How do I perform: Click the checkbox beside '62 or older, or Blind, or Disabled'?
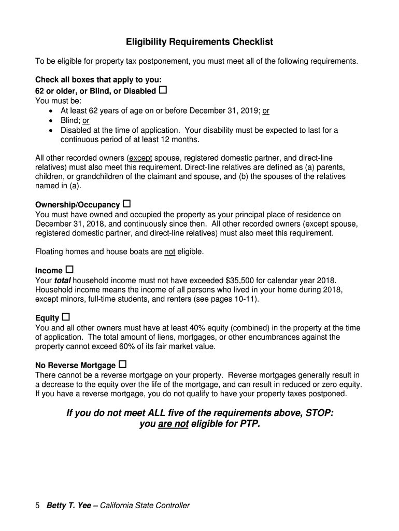pyautogui.click(x=163, y=90)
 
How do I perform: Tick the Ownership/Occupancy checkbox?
pyautogui.click(x=126, y=203)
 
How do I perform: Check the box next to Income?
pyautogui.click(x=69, y=270)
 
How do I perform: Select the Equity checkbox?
pyautogui.click(x=66, y=317)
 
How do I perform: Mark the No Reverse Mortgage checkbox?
pyautogui.click(x=122, y=364)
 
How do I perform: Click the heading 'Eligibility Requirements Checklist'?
pyautogui.click(x=199, y=41)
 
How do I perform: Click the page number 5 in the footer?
pyautogui.click(x=38, y=506)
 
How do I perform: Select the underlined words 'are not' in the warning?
pyautogui.click(x=173, y=424)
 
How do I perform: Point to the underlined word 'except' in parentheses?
pyautogui.click(x=140, y=158)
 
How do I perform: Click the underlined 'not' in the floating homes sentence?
pyautogui.click(x=169, y=252)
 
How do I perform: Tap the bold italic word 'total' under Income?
pyautogui.click(x=63, y=281)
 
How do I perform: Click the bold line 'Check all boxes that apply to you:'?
pyautogui.click(x=98, y=80)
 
